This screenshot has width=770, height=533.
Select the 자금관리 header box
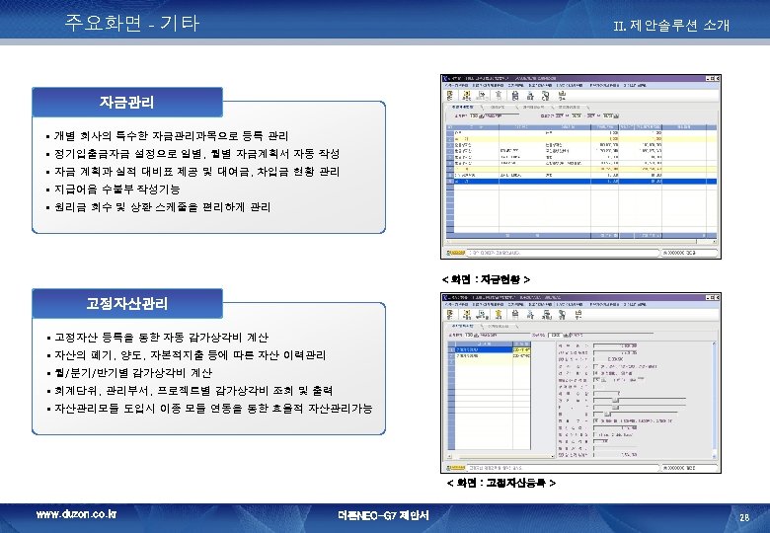pyautogui.click(x=126, y=102)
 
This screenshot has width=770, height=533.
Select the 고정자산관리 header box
pyautogui.click(x=126, y=303)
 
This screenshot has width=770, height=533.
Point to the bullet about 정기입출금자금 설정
pyautogui.click(x=197, y=154)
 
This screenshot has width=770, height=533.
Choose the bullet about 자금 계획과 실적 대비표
pyautogui.click(x=197, y=172)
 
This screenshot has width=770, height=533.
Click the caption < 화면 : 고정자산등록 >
pyautogui.click(x=500, y=485)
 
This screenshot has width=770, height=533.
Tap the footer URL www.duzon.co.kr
pyautogui.click(x=76, y=515)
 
